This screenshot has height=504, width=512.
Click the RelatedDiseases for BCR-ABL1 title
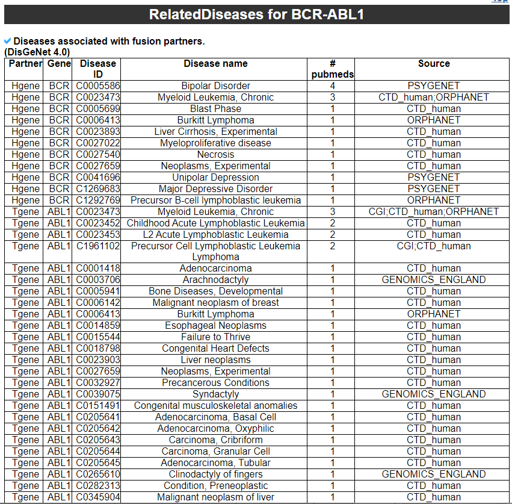pos(256,14)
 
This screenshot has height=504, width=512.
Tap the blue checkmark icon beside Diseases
pos(7,41)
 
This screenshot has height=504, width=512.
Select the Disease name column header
pos(215,64)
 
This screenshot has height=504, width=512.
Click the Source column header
pos(433,64)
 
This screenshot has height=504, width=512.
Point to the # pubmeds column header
pos(332,69)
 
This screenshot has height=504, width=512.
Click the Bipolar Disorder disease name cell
pos(215,86)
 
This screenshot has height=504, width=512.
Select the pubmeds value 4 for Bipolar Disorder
pos(332,86)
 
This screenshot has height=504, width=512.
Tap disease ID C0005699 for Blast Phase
pos(97,109)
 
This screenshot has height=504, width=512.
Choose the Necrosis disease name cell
pos(215,155)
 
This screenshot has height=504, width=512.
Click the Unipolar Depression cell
pos(215,178)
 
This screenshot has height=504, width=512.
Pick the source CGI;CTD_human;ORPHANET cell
pos(433,212)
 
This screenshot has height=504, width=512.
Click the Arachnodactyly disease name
pos(215,280)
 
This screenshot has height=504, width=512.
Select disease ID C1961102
pos(97,246)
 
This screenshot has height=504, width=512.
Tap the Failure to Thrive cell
pos(215,337)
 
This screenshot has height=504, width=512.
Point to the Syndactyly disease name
pos(215,394)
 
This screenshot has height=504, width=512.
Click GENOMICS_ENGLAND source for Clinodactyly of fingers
pos(433,474)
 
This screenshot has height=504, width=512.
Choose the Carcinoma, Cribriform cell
pos(215,440)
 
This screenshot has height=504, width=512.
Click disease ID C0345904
pos(97,497)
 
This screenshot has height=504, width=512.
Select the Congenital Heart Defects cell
pos(215,349)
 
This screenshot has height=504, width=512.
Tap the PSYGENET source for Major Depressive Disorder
pos(433,189)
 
